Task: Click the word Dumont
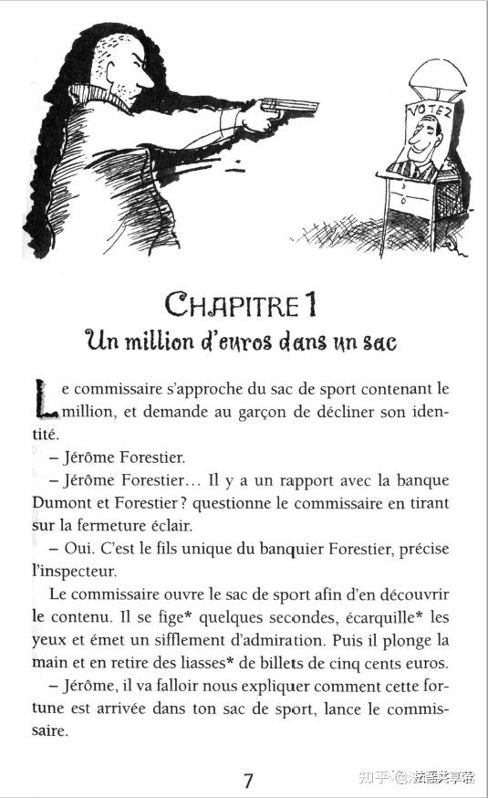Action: tap(68, 501)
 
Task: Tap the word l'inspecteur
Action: tap(73, 572)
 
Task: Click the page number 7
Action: tap(248, 780)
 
